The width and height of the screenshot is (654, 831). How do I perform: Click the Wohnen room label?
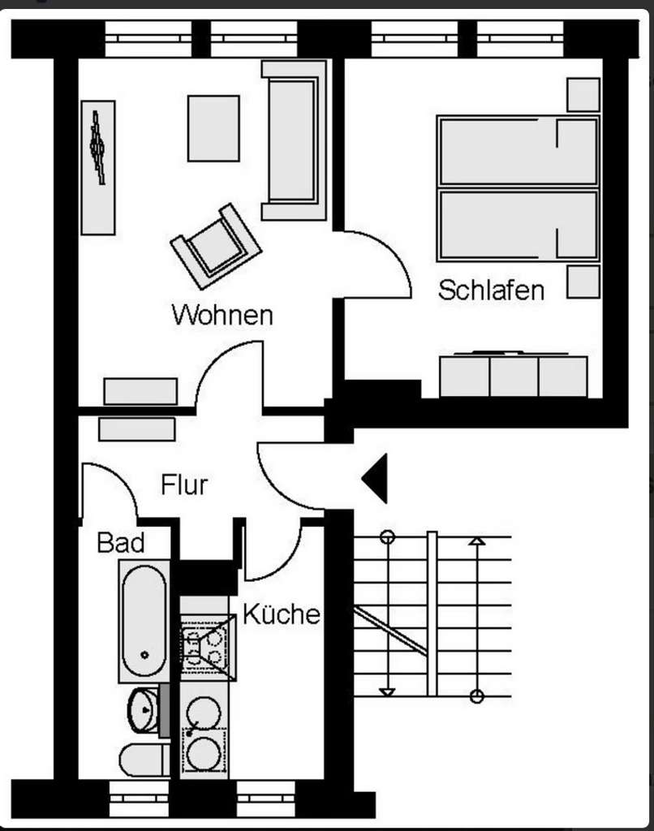click(222, 315)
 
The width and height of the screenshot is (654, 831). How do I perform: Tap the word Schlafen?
click(491, 290)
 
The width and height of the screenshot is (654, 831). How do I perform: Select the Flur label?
click(184, 485)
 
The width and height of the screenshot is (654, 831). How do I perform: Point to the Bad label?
click(120, 542)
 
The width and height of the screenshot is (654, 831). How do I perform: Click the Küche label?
click(281, 614)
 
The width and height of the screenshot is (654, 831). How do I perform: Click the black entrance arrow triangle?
click(376, 478)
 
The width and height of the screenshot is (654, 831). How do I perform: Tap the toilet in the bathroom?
click(141, 760)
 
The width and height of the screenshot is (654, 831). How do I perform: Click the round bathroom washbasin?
click(144, 710)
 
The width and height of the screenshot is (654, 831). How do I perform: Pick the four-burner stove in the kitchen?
click(206, 647)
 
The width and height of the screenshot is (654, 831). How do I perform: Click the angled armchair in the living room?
click(215, 245)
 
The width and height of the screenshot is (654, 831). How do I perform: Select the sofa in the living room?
click(294, 140)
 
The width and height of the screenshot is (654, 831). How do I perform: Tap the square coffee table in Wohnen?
click(213, 128)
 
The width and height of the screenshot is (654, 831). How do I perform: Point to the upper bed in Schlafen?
click(518, 151)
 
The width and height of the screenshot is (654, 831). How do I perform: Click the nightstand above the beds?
click(583, 94)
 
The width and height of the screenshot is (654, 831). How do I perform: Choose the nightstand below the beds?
click(583, 281)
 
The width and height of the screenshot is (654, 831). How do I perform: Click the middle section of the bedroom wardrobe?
click(514, 376)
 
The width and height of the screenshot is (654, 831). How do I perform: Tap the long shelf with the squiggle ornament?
click(98, 167)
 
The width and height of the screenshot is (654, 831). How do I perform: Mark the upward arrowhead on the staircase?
click(477, 540)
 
